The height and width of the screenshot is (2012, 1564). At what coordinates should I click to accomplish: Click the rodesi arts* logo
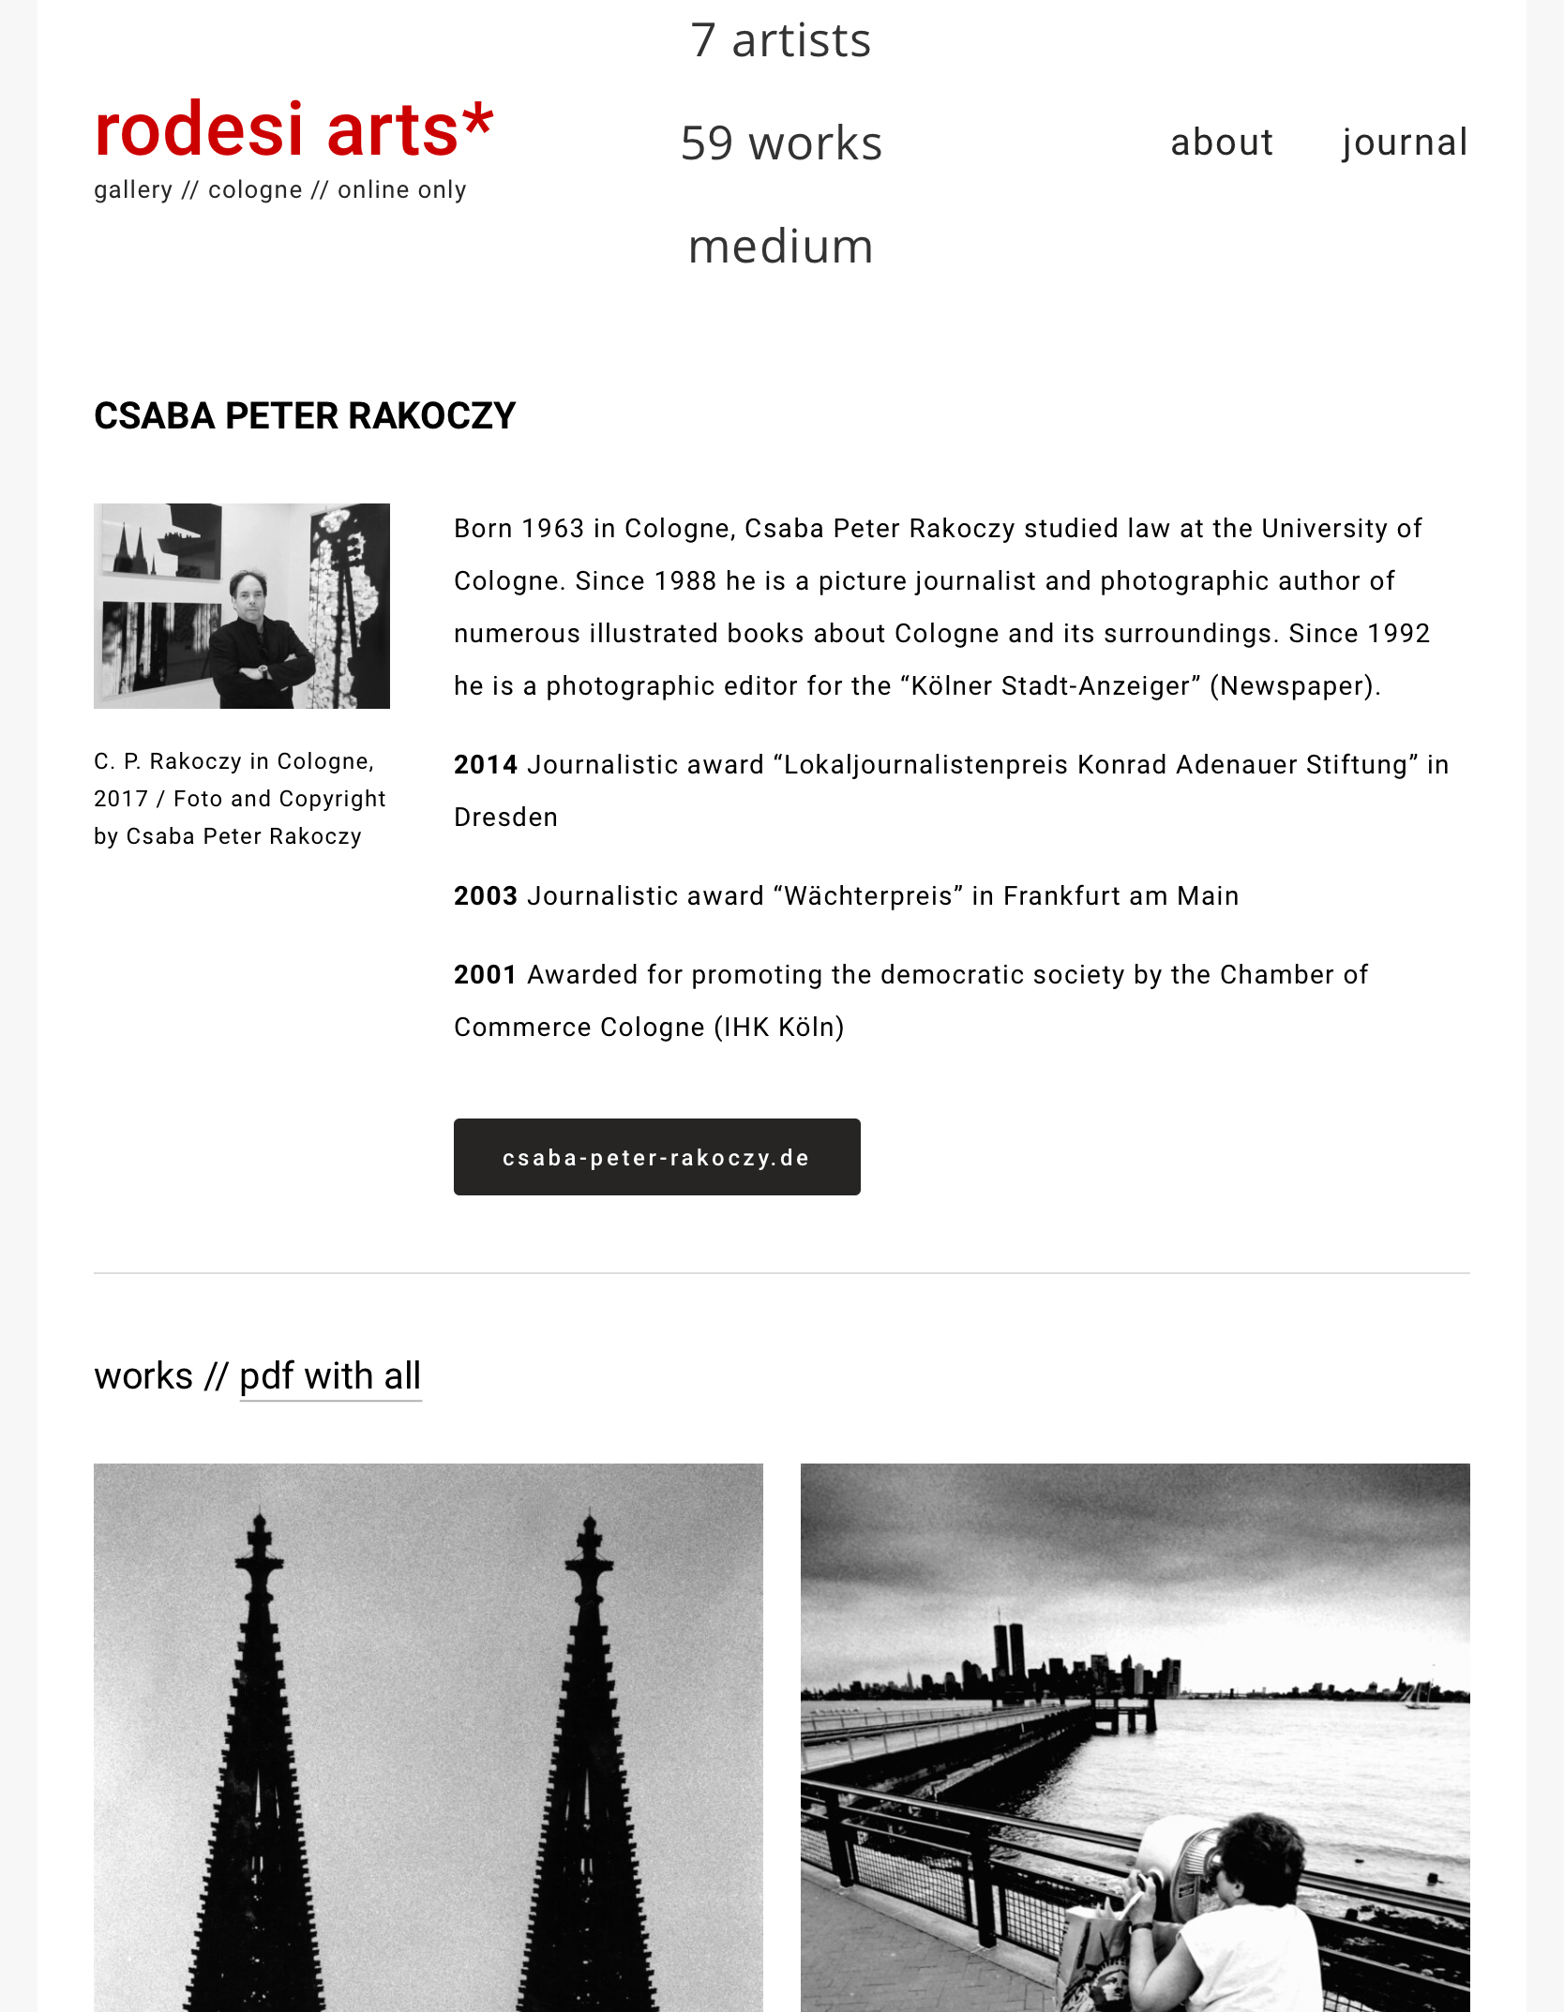tap(293, 129)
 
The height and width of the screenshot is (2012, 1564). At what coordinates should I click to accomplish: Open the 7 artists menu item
tap(780, 40)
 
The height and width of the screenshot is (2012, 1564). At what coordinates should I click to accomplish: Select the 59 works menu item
tap(780, 143)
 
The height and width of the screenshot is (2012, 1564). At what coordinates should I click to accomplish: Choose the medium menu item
tap(780, 247)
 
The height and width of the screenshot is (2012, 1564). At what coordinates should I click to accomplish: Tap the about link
tap(1221, 143)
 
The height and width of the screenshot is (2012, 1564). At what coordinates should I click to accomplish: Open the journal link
tap(1404, 143)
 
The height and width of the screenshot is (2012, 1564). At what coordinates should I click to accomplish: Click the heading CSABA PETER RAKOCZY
tap(305, 416)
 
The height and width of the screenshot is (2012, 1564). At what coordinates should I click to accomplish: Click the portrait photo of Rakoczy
tap(242, 606)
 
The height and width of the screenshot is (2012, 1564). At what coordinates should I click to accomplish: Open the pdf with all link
tap(330, 1376)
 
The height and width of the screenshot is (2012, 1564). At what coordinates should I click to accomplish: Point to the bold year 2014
tap(485, 765)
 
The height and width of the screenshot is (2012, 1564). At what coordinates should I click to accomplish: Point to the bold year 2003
tap(485, 896)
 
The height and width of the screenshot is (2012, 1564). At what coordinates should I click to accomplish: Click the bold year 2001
tap(485, 975)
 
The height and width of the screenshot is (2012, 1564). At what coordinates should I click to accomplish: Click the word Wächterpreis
tap(868, 896)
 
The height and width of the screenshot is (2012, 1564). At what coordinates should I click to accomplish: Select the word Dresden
tap(505, 818)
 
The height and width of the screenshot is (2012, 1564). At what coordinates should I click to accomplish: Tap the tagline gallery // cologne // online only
tap(279, 190)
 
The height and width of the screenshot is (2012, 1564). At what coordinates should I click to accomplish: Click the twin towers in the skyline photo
tap(1009, 1652)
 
